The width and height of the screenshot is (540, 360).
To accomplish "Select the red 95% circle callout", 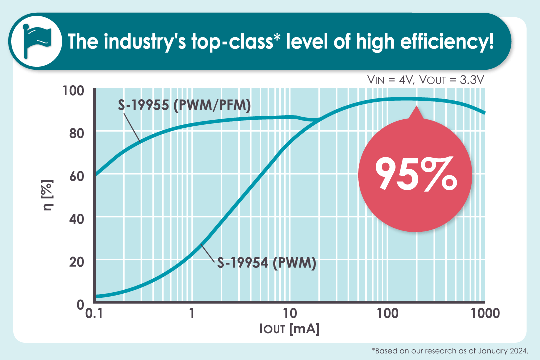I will tap(416, 175).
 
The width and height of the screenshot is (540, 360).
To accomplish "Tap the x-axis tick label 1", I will tap(191, 314).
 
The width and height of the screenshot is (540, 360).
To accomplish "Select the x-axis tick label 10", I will tap(289, 314).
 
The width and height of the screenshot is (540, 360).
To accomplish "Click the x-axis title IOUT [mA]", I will tap(289, 330).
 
